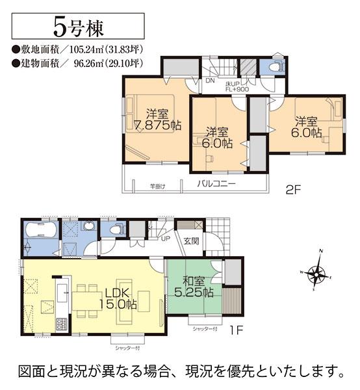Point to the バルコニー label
(x=216, y=184)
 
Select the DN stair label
(x=211, y=81)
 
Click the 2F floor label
(x=293, y=190)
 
